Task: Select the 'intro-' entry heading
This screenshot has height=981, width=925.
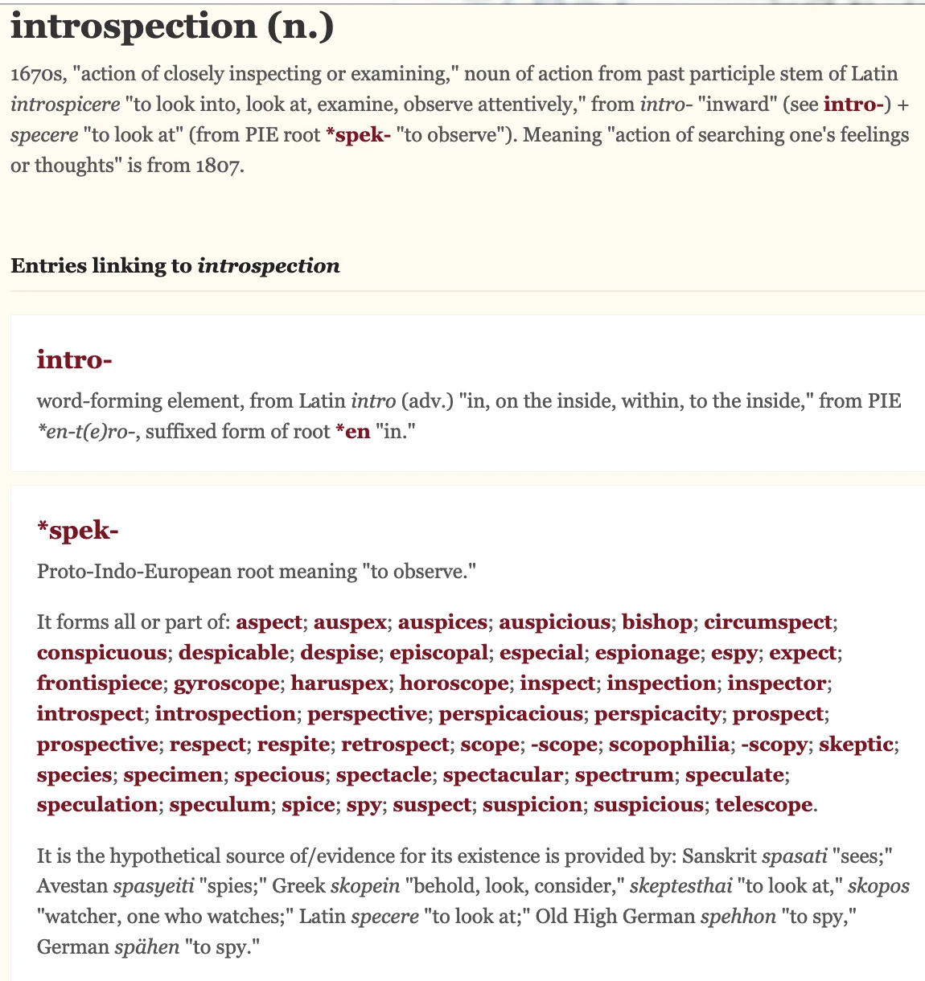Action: pyautogui.click(x=74, y=359)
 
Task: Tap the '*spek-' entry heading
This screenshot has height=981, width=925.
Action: pyautogui.click(x=78, y=530)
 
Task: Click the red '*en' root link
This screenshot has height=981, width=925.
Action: pyautogui.click(x=352, y=432)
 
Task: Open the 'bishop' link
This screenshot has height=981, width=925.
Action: pyautogui.click(x=657, y=622)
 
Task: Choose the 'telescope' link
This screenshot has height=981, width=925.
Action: pyautogui.click(x=764, y=805)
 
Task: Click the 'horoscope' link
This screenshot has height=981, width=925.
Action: pyautogui.click(x=454, y=683)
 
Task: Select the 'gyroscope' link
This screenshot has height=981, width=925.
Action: pyautogui.click(x=227, y=683)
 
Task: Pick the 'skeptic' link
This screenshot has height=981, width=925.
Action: pyautogui.click(x=856, y=745)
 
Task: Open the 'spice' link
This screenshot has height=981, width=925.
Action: pyautogui.click(x=308, y=805)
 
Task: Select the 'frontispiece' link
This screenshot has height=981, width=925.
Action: pyautogui.click(x=99, y=683)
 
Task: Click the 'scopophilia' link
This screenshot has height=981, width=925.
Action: pyautogui.click(x=668, y=745)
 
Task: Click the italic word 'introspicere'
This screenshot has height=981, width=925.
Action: pyautogui.click(x=66, y=105)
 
